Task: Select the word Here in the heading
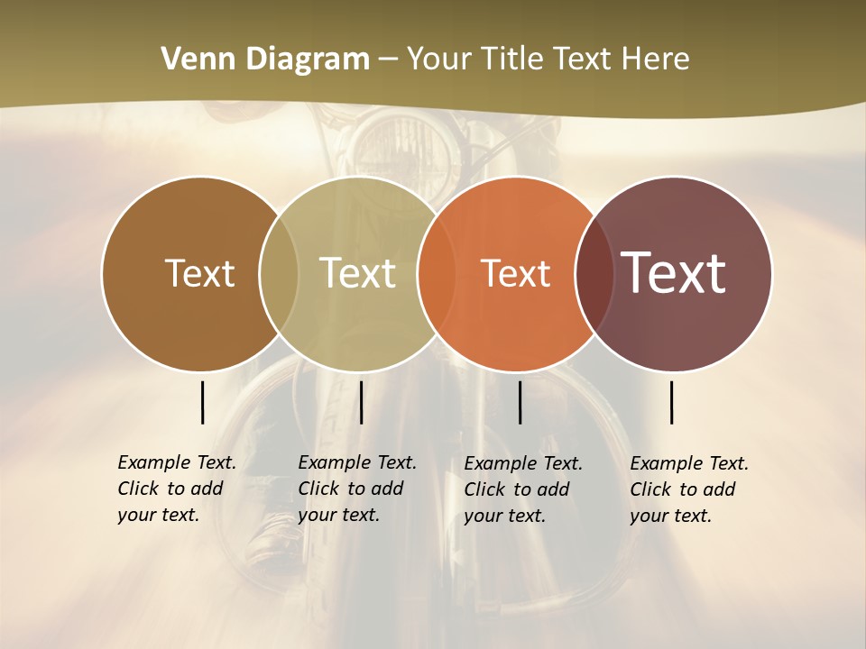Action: pyautogui.click(x=656, y=59)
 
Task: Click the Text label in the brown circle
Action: pyautogui.click(x=199, y=273)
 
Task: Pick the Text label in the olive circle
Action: pyautogui.click(x=358, y=273)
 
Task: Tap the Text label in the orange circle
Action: pyautogui.click(x=515, y=273)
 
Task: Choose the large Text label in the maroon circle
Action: pyautogui.click(x=674, y=272)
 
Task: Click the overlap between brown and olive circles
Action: pyautogui.click(x=279, y=273)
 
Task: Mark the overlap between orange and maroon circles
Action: pyautogui.click(x=594, y=273)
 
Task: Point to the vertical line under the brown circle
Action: pyautogui.click(x=202, y=402)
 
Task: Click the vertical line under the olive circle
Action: pyautogui.click(x=361, y=402)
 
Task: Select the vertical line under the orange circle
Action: pyautogui.click(x=520, y=402)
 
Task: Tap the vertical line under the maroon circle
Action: pyautogui.click(x=671, y=402)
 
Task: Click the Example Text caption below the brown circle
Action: pyautogui.click(x=177, y=489)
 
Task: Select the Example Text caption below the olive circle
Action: pyautogui.click(x=357, y=489)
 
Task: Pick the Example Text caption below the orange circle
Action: pyautogui.click(x=523, y=489)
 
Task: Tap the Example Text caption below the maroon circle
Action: pyautogui.click(x=689, y=489)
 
